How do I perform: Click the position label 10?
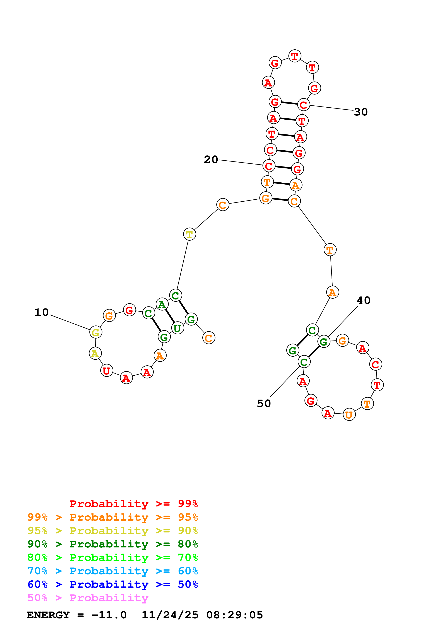(x=42, y=312)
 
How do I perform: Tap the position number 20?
(x=211, y=160)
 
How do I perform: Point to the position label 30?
(x=361, y=112)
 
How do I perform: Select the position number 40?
(x=364, y=300)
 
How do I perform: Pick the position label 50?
(x=264, y=404)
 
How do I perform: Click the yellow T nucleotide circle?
(x=189, y=234)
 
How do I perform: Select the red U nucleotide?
(x=107, y=371)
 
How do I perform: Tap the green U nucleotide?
(x=177, y=328)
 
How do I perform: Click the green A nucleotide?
(x=162, y=304)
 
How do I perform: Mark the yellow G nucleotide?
(x=95, y=332)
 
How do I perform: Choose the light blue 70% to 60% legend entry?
(x=112, y=571)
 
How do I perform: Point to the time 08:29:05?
(x=234, y=615)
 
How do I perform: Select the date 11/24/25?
(x=170, y=615)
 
